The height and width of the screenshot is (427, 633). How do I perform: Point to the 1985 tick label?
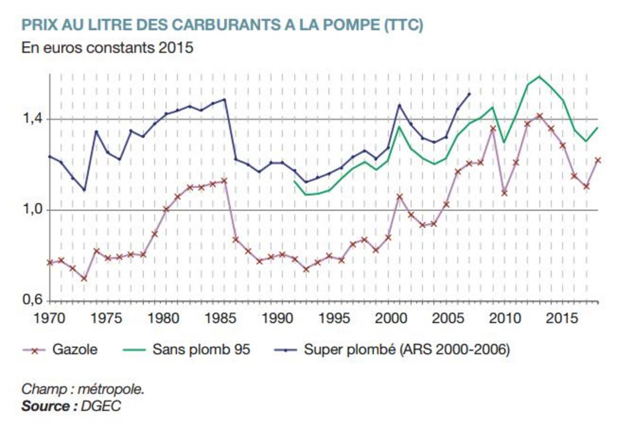pyautogui.click(x=216, y=318)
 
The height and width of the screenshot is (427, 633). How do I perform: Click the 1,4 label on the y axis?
pyautogui.click(x=32, y=119)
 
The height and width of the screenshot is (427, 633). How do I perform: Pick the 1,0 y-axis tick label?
pyautogui.click(x=32, y=210)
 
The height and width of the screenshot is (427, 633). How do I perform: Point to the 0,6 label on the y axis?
pyautogui.click(x=32, y=300)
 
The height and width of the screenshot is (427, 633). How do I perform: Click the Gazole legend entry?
pyautogui.click(x=75, y=350)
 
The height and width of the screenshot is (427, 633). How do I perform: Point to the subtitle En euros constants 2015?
pyautogui.click(x=107, y=48)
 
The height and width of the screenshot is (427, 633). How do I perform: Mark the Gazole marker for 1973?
pyautogui.click(x=84, y=278)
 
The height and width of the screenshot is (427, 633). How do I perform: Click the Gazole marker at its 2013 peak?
pyautogui.click(x=539, y=116)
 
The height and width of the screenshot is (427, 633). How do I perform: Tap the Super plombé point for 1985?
pyautogui.click(x=224, y=99)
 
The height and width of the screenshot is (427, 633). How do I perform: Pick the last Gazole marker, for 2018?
pyautogui.click(x=597, y=160)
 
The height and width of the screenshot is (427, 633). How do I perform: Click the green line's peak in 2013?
pyautogui.click(x=539, y=77)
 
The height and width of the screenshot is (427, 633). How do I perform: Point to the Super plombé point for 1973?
pyautogui.click(x=84, y=189)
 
